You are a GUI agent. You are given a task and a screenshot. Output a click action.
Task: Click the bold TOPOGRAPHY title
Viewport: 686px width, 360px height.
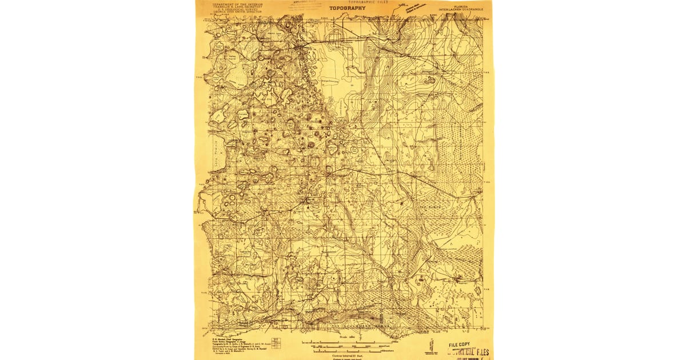pyautogui.click(x=347, y=8)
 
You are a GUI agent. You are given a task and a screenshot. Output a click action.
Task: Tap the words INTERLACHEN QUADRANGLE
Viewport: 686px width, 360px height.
pyautogui.click(x=463, y=10)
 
